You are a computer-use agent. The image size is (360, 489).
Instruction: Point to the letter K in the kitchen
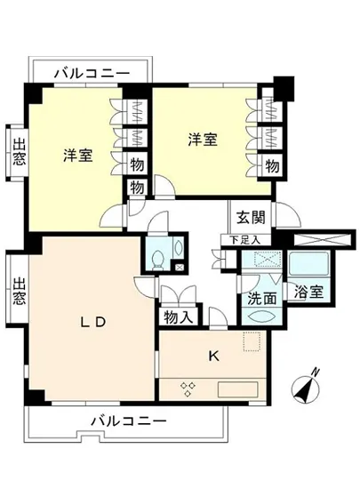(x=213, y=356)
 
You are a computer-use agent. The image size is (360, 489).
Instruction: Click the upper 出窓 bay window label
(x=19, y=152)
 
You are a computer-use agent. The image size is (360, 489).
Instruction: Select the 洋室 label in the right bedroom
(x=202, y=140)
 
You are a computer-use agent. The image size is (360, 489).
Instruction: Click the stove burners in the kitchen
(x=188, y=386)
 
